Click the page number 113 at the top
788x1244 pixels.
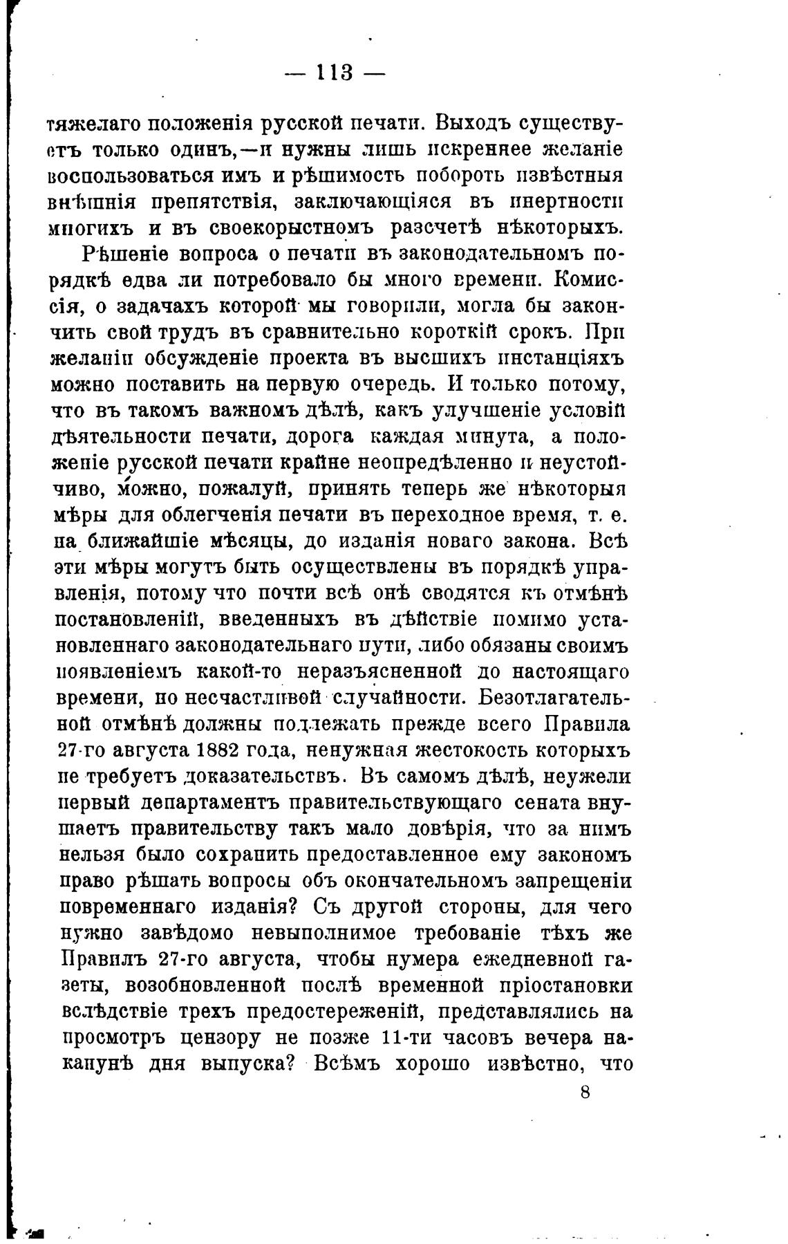coord(335,72)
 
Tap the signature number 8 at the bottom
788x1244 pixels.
coord(585,1093)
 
